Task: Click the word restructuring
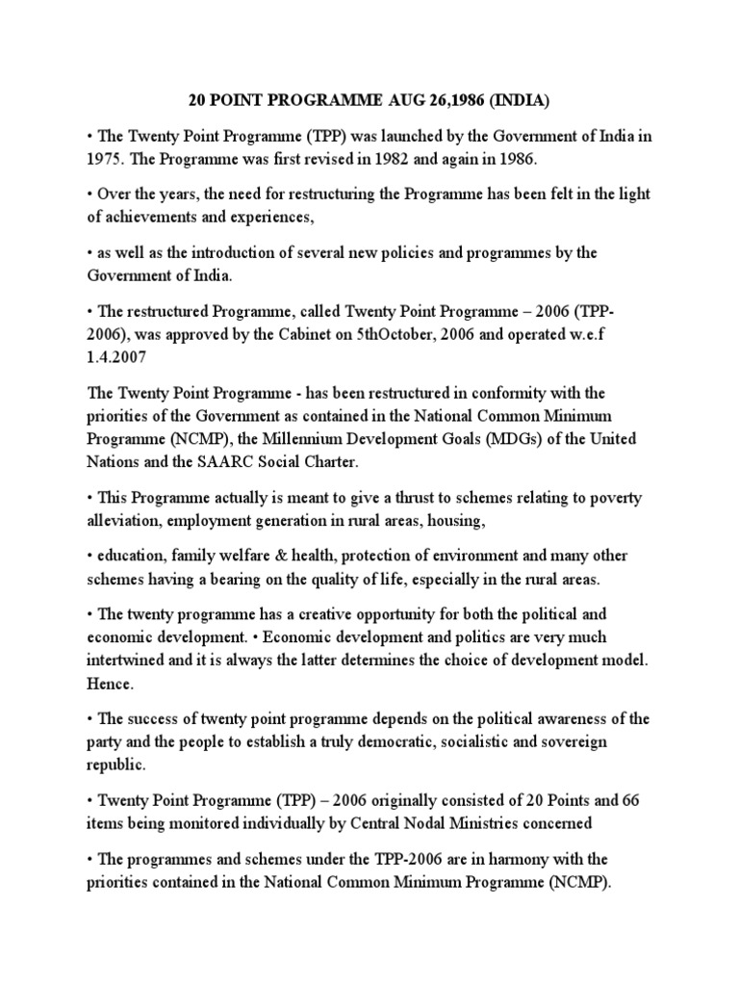(293, 194)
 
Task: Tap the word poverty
(616, 498)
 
